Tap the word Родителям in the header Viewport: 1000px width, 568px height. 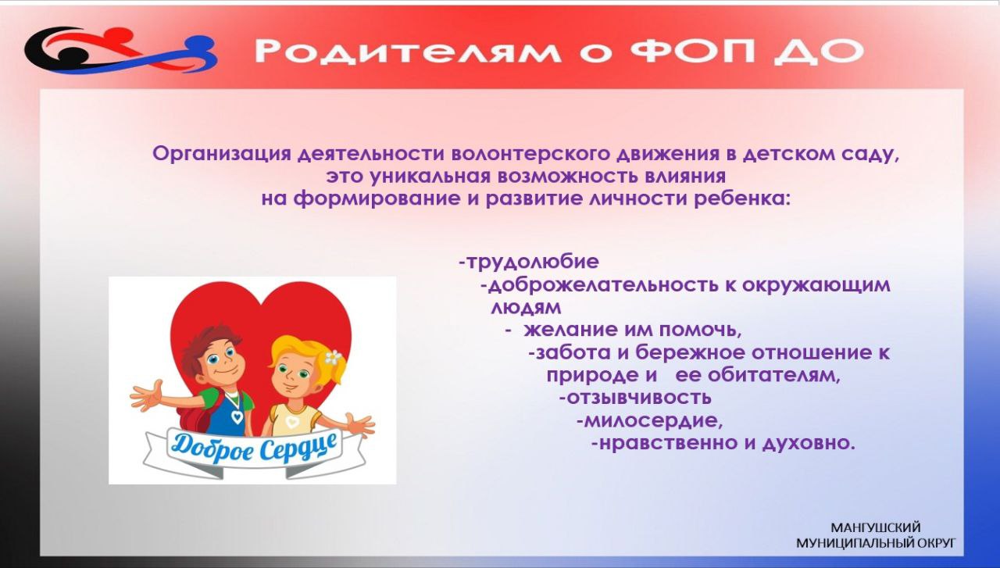coord(407,51)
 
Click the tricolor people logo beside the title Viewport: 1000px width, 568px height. coord(120,50)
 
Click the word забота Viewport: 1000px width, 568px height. coord(569,353)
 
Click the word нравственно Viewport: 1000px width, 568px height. coord(664,444)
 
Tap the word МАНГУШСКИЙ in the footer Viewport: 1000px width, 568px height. coord(876,528)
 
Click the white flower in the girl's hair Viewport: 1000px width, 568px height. coord(333,357)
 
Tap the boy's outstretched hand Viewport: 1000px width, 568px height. coord(146,395)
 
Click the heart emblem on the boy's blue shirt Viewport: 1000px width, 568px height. coord(237,417)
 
